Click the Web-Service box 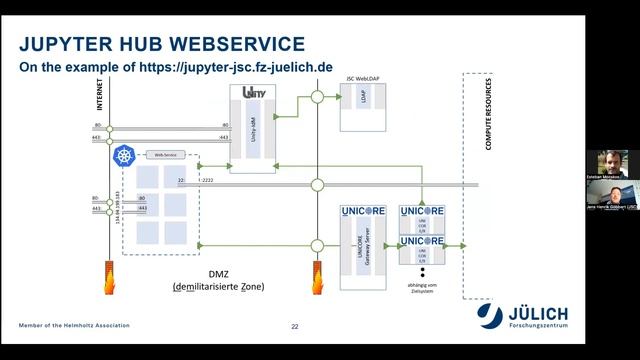coord(165,155)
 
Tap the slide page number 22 coord(295,327)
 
